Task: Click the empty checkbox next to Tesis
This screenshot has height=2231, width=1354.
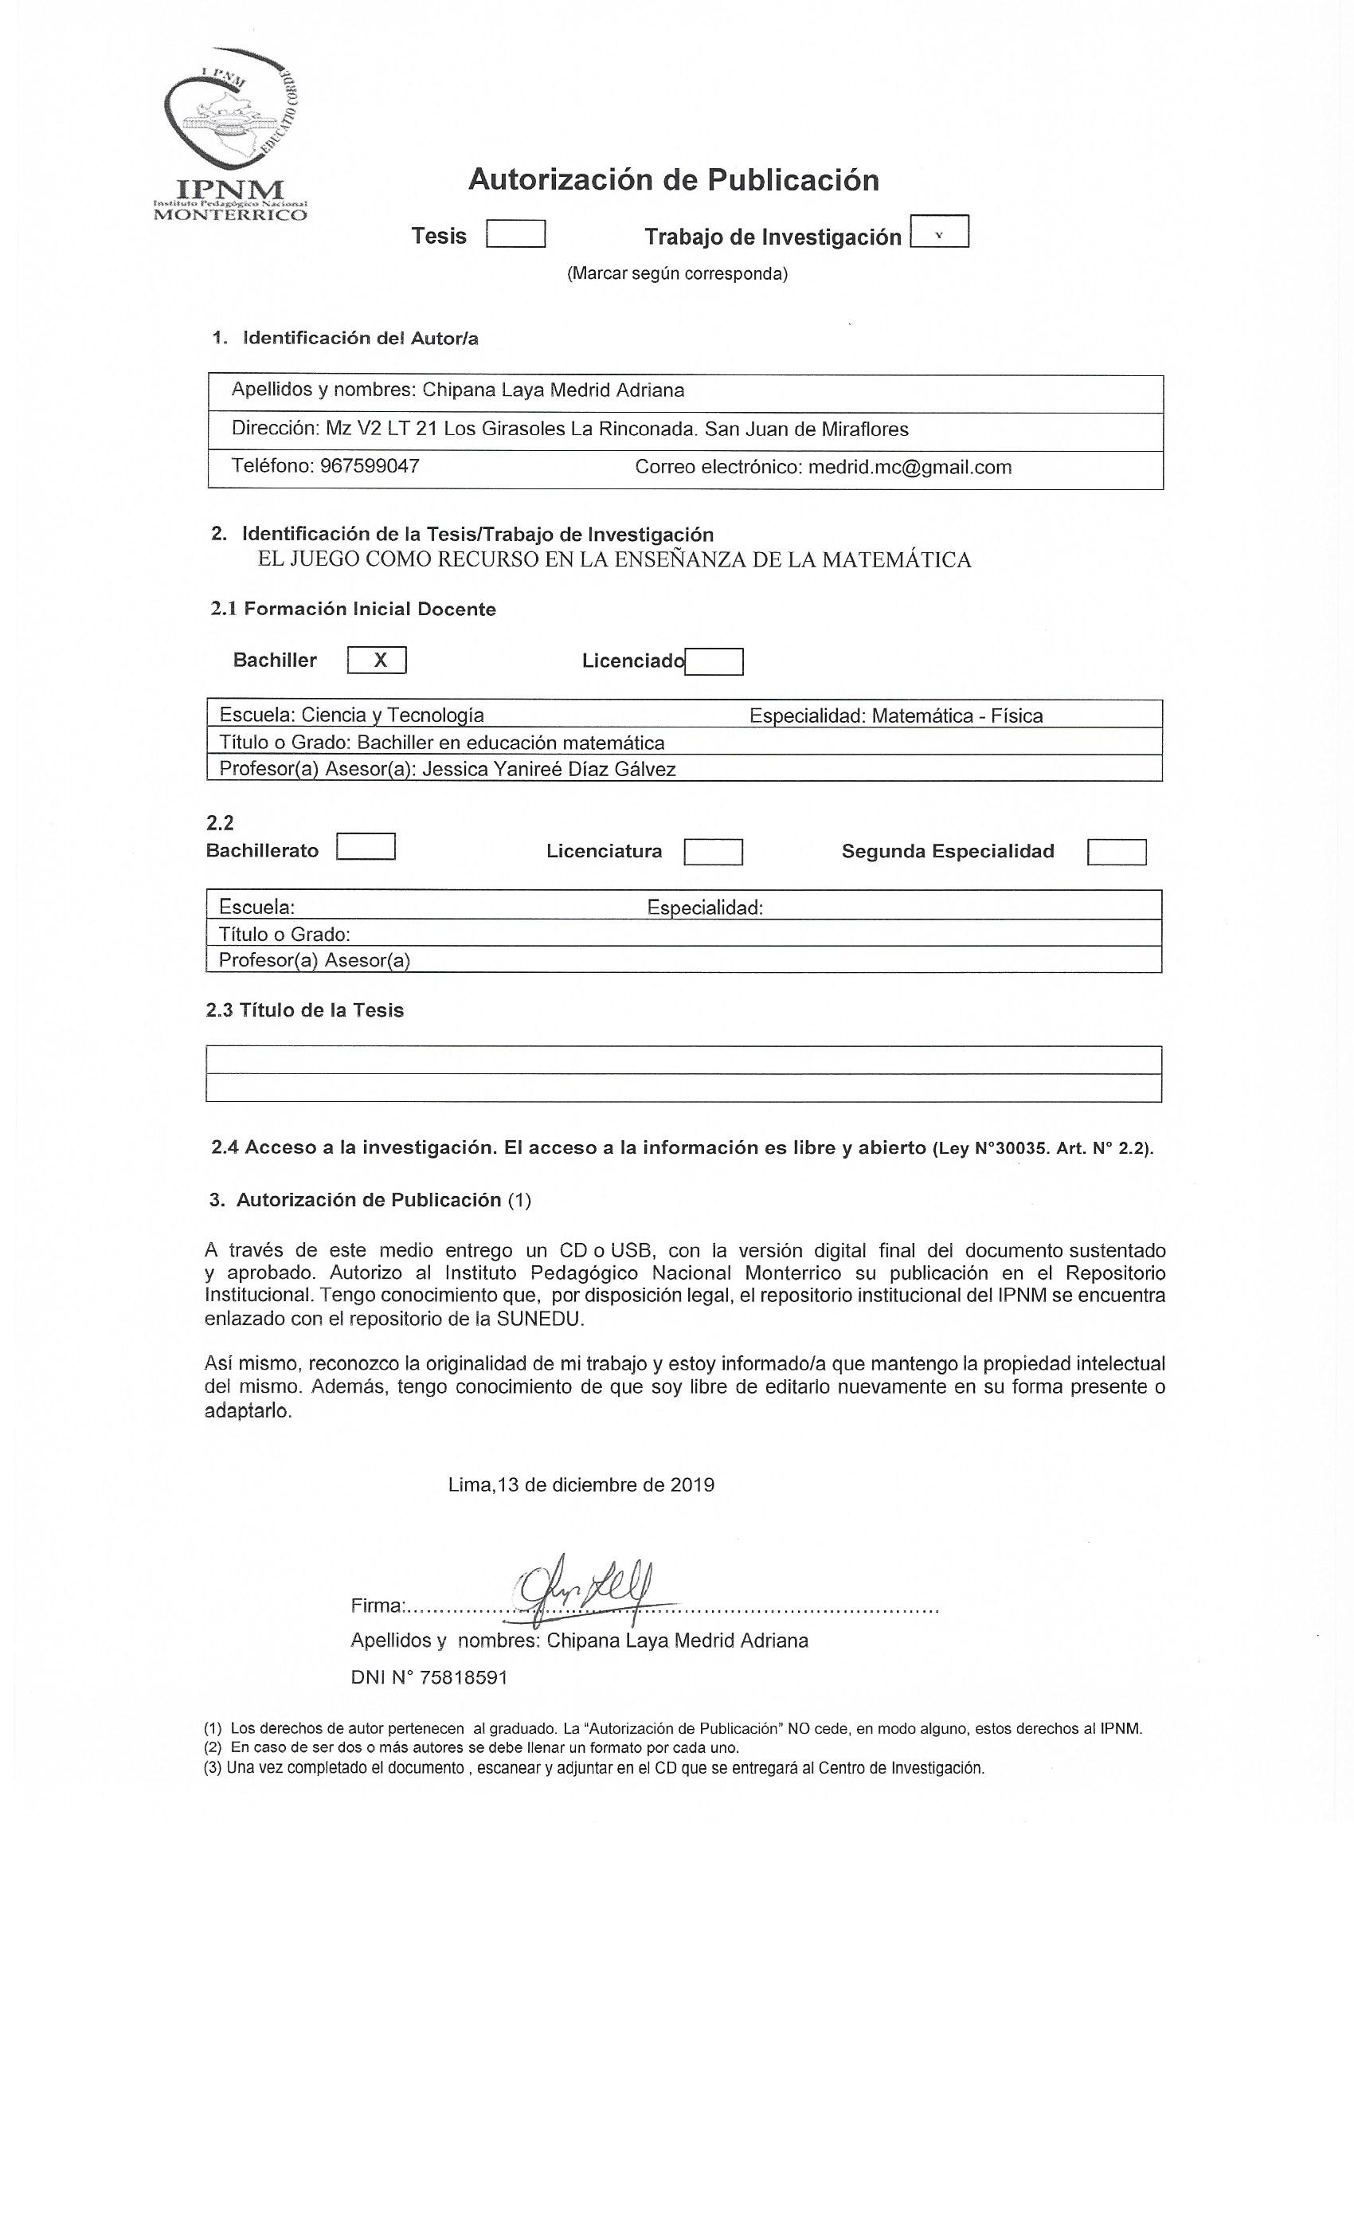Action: [x=515, y=234]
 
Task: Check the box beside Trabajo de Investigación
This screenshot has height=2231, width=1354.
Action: [x=938, y=232]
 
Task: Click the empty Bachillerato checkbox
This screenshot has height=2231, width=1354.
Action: [x=366, y=846]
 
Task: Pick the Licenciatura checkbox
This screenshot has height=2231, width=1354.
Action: [x=712, y=852]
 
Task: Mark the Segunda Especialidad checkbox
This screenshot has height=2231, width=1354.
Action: [x=1116, y=852]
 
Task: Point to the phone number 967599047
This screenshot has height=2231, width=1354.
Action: [x=370, y=466]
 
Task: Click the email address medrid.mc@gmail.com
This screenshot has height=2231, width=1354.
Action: [x=909, y=467]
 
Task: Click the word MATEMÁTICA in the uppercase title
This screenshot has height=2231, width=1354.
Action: [x=895, y=559]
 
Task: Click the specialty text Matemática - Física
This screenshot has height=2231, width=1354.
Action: [x=957, y=716]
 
